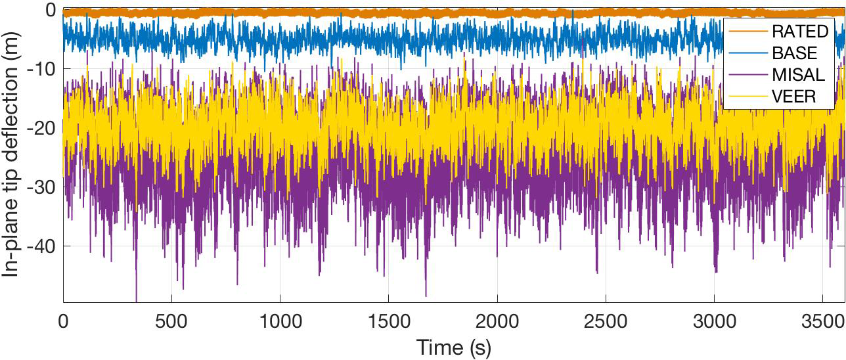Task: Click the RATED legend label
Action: coord(799,32)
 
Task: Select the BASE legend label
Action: coord(794,53)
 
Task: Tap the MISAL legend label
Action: coord(797,75)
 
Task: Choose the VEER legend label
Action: coord(793,97)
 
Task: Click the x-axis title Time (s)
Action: coord(453,346)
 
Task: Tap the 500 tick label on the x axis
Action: coord(171,323)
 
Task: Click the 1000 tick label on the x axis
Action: coord(280,323)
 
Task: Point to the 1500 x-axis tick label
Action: coord(388,323)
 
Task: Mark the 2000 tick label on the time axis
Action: coord(497,323)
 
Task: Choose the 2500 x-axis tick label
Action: coord(606,323)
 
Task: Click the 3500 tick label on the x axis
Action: coord(822,323)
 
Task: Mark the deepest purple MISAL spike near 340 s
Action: coord(137,299)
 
